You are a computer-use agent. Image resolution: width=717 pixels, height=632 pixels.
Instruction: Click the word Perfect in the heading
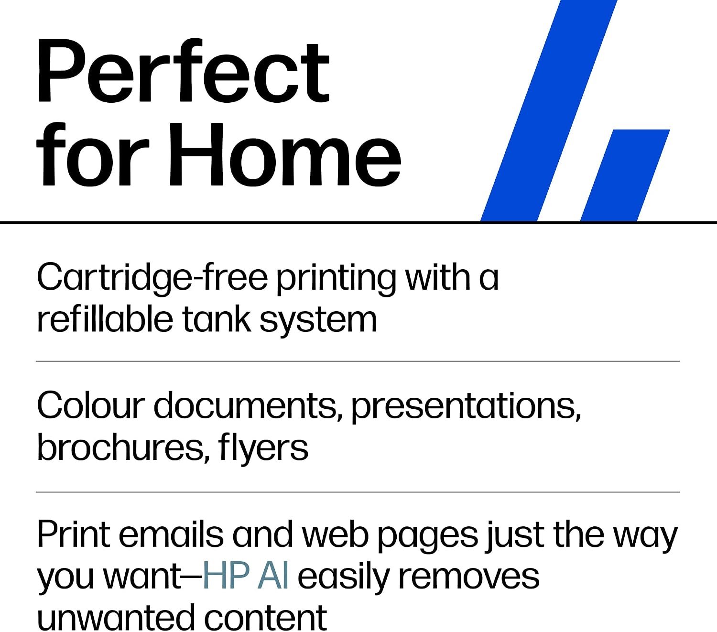click(184, 70)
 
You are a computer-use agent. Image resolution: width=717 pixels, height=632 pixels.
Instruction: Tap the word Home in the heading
click(285, 154)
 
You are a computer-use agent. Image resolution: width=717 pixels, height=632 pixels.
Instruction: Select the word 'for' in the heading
click(93, 154)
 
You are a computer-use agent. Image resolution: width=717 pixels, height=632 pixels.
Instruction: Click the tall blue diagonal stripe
click(549, 110)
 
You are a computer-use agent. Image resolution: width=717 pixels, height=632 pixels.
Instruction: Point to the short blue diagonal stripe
click(625, 175)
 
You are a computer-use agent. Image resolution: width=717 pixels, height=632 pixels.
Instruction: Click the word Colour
click(91, 406)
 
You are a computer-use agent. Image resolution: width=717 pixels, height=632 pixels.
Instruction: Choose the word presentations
click(466, 408)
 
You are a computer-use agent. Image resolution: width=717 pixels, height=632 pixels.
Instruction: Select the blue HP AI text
click(245, 578)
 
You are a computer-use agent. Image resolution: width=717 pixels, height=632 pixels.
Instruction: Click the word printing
click(336, 279)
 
